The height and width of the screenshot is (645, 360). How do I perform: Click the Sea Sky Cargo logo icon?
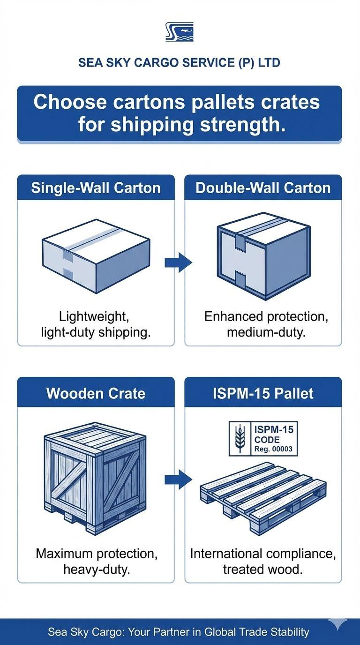click(180, 32)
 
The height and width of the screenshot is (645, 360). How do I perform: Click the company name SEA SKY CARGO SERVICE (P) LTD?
click(180, 63)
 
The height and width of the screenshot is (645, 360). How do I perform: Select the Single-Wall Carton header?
click(96, 188)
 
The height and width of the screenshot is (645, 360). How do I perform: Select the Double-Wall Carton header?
click(263, 188)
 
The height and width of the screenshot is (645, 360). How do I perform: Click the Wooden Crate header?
click(96, 393)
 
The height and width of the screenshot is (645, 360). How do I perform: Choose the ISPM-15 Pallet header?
click(263, 393)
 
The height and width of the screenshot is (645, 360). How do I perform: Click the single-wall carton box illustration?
click(96, 255)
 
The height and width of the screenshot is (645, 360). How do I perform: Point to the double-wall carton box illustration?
click(263, 255)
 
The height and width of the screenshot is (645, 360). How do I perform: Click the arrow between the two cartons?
click(178, 262)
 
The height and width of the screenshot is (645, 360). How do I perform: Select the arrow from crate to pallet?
click(178, 480)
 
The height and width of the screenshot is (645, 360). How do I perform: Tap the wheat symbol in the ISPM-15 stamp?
click(240, 438)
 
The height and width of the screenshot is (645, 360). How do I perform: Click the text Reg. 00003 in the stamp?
click(273, 449)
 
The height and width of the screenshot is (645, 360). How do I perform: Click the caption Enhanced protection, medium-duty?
click(266, 324)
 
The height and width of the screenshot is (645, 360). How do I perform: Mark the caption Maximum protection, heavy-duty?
click(96, 561)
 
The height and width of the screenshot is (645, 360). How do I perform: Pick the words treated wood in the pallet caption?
click(262, 569)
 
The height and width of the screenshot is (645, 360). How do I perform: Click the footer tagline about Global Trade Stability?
click(179, 632)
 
